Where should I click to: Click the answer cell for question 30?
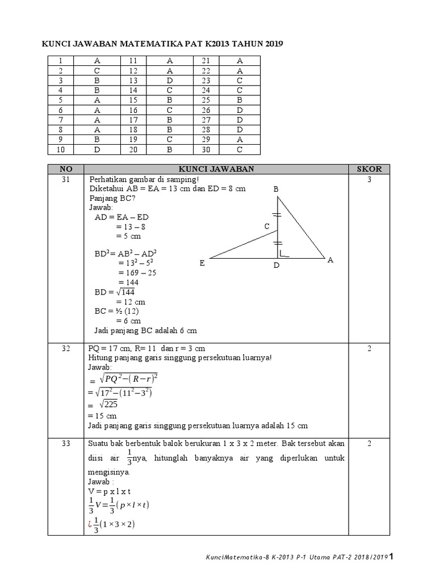click(x=240, y=150)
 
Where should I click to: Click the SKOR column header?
click(x=369, y=169)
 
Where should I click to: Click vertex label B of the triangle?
click(x=276, y=190)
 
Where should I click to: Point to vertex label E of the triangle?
click(x=202, y=263)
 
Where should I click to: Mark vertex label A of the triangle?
click(x=330, y=260)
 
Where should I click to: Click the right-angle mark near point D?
click(x=284, y=254)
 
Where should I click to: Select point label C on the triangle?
click(x=267, y=227)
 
